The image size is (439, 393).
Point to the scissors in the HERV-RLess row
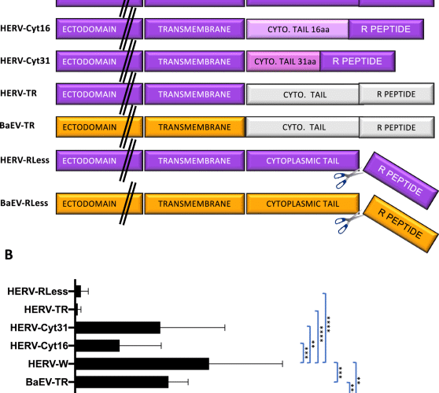(342, 180)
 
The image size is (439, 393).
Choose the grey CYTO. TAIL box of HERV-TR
(302, 94)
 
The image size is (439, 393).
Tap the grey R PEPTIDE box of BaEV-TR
(396, 127)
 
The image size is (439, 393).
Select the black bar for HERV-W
(142, 364)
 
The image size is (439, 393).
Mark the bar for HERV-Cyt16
(98, 346)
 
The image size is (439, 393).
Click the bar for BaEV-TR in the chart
(122, 382)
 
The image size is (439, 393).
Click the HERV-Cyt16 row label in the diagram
(25, 28)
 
